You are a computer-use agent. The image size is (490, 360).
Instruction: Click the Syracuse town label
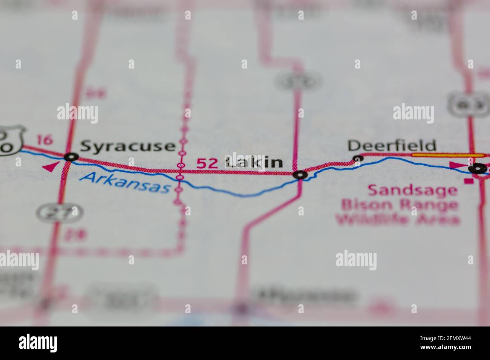point(128,146)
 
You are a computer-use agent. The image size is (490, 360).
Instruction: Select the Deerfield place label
point(392,145)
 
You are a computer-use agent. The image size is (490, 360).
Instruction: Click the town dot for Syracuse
point(71,157)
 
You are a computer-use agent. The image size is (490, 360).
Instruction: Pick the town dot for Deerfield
point(357,159)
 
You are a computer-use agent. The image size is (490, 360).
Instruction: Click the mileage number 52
point(207,163)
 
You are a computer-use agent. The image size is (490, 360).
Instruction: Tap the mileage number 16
point(45,140)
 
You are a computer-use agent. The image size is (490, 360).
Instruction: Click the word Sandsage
point(412,190)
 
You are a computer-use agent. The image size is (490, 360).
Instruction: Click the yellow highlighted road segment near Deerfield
point(449,155)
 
